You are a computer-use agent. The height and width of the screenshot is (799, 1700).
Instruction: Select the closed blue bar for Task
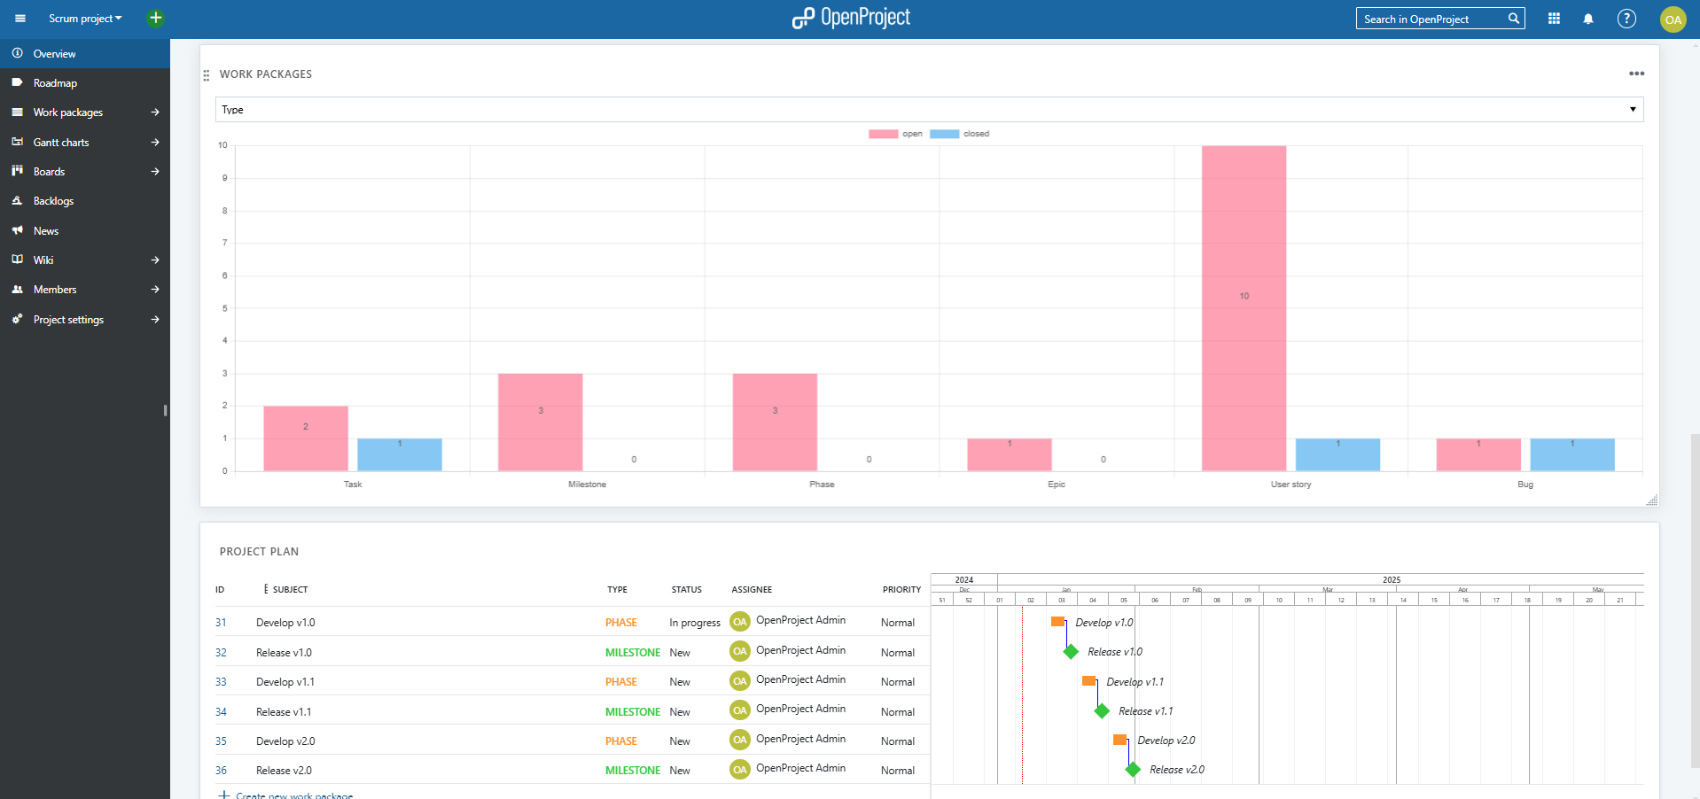(x=399, y=454)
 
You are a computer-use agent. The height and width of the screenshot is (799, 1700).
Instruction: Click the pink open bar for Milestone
(x=540, y=422)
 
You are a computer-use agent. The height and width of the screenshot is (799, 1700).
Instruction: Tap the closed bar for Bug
(x=1571, y=454)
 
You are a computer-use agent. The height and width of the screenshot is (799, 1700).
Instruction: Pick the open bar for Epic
(x=1009, y=454)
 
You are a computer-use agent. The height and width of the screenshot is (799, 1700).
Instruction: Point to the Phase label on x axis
(x=822, y=485)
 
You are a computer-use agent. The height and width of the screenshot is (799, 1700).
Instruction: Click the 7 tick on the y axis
(x=224, y=243)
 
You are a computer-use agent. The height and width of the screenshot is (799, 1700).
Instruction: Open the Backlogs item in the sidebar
(x=53, y=201)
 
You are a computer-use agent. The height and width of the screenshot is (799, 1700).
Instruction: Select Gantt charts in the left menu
(x=61, y=143)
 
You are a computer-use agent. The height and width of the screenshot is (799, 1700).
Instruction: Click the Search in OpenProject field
(x=1431, y=19)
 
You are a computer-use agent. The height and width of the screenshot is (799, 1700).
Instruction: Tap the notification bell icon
(x=1588, y=19)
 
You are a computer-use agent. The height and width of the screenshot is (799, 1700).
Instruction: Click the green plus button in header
(x=155, y=18)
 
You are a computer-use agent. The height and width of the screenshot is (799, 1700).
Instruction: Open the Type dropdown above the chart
(x=928, y=110)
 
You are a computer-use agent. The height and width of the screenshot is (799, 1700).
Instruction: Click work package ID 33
(x=221, y=682)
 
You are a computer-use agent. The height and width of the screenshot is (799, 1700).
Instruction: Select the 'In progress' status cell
(x=695, y=623)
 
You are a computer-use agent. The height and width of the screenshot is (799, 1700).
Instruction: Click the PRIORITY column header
(x=901, y=590)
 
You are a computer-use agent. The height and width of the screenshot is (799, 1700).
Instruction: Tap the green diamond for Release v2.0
(x=1133, y=770)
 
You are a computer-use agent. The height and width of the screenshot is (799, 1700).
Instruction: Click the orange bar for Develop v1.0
(x=1057, y=622)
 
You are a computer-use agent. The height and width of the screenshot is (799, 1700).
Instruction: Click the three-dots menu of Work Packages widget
(x=1636, y=74)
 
